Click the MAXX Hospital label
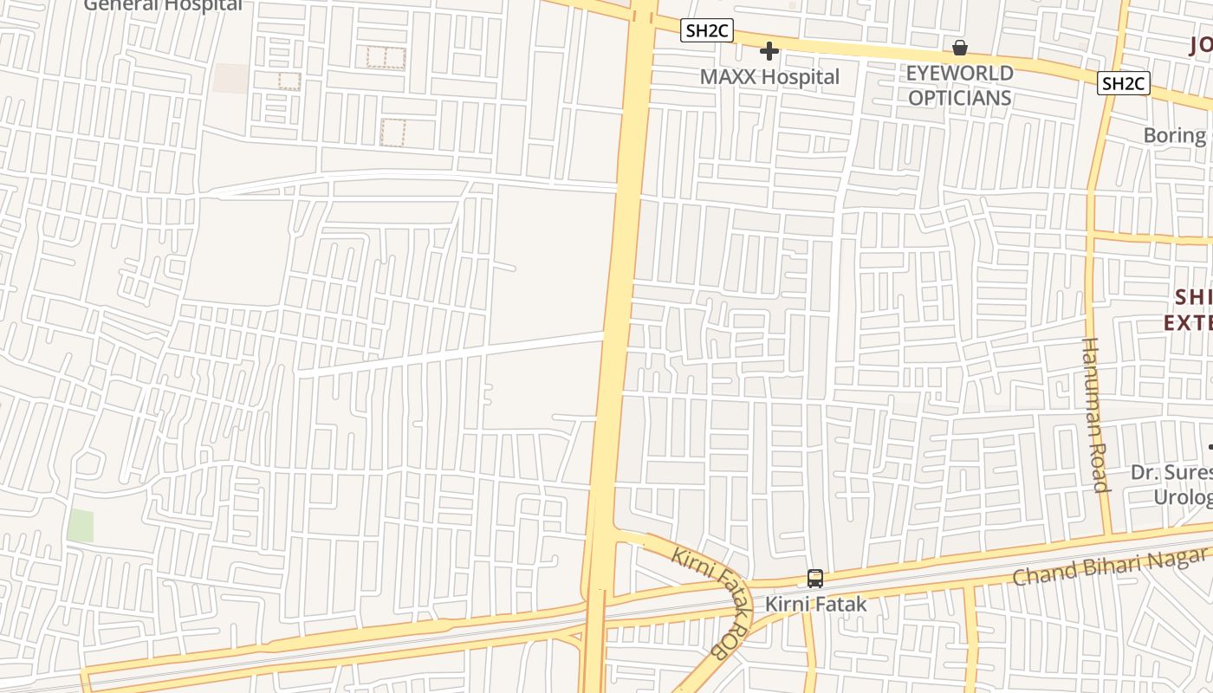point(769,76)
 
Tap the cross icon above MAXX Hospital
point(769,51)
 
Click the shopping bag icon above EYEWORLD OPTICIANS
point(959,48)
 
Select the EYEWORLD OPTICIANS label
point(959,85)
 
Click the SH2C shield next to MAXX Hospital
point(707,31)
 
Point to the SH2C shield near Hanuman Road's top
point(1123,83)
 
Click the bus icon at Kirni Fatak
point(814,578)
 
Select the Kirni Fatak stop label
point(814,604)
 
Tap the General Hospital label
point(163,5)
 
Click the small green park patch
point(80,526)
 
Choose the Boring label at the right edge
point(1177,135)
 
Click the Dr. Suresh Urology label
point(1175,484)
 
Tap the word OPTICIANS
point(959,98)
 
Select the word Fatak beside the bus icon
point(839,604)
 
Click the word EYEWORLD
point(959,73)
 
